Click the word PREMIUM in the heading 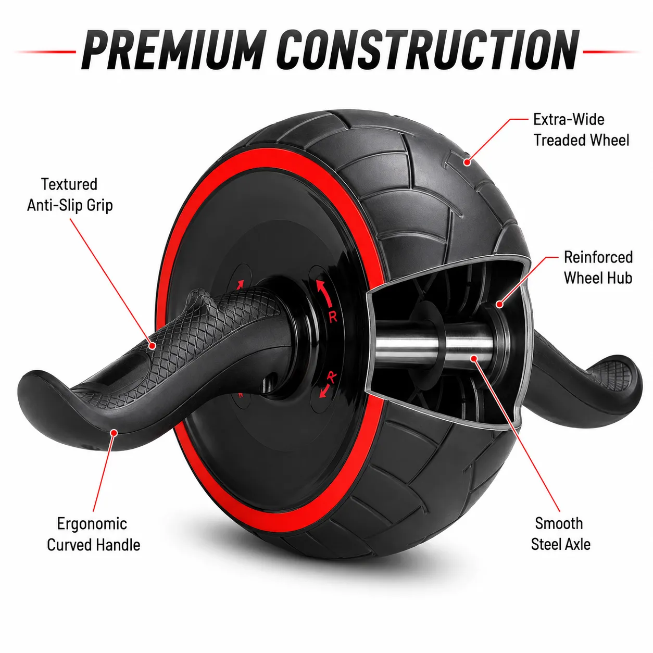pyautogui.click(x=173, y=49)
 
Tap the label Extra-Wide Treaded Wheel pyautogui.click(x=581, y=130)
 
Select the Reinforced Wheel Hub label pyautogui.click(x=598, y=267)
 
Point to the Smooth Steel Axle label pyautogui.click(x=560, y=534)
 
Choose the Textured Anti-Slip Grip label pyautogui.click(x=70, y=195)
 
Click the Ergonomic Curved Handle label pyautogui.click(x=94, y=534)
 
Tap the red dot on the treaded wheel pyautogui.click(x=467, y=162)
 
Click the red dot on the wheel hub pyautogui.click(x=499, y=304)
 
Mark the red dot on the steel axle pyautogui.click(x=474, y=358)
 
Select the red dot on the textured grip pyautogui.click(x=153, y=346)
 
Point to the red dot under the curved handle pyautogui.click(x=114, y=432)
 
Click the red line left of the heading pyautogui.click(x=45, y=52)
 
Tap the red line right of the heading pyautogui.click(x=611, y=52)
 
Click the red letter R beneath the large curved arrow pyautogui.click(x=333, y=317)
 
